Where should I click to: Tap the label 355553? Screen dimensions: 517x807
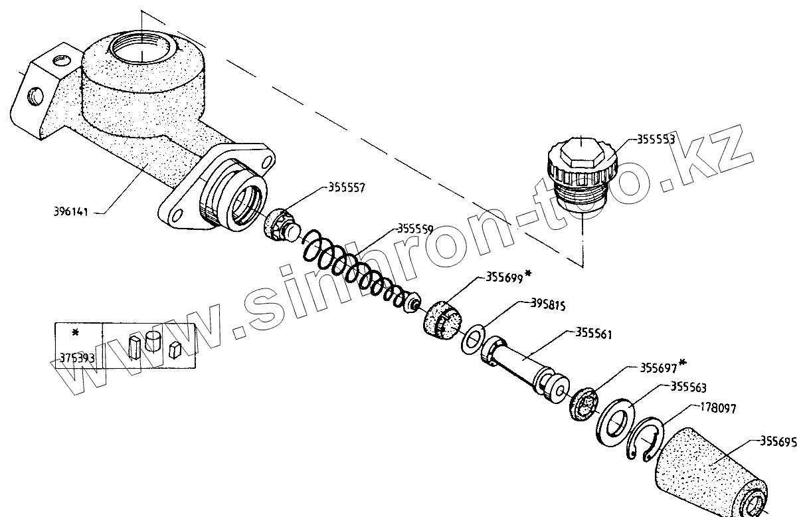coord(656,140)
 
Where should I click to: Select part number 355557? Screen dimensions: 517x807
coord(347,188)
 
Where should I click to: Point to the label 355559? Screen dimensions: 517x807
coord(415,229)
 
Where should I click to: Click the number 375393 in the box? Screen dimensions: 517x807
coord(77,358)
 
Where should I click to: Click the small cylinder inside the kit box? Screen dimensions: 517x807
coord(154,342)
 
